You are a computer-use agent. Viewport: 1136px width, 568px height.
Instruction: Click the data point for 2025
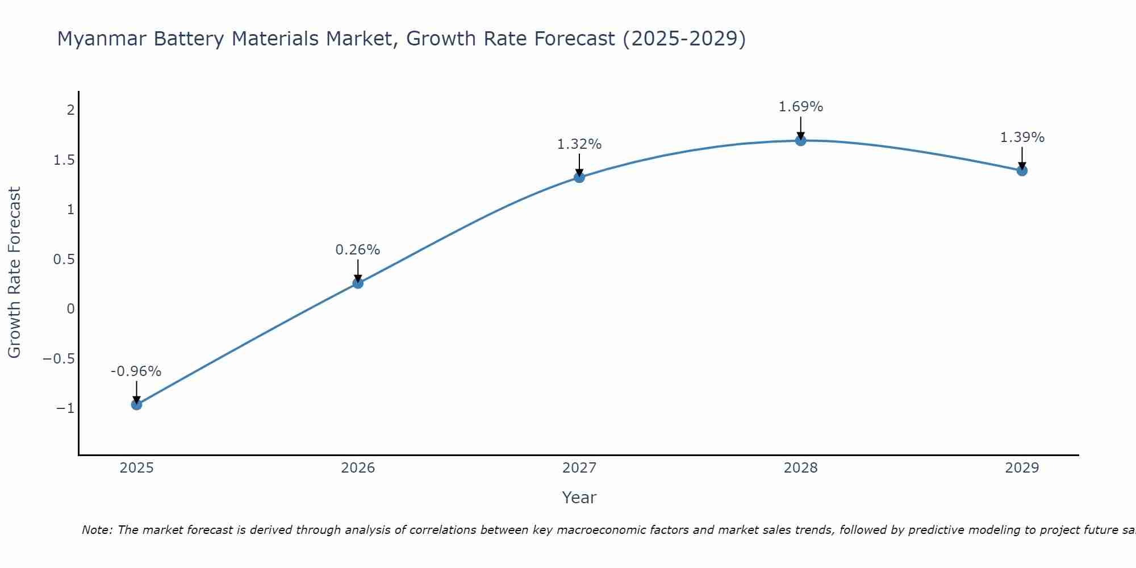pos(136,404)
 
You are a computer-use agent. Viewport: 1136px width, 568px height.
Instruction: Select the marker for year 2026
pos(358,283)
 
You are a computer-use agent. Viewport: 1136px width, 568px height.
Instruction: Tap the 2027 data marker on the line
pos(579,177)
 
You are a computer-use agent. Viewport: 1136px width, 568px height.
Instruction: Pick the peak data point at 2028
pos(801,140)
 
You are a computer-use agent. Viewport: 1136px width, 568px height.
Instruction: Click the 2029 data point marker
pos(1022,170)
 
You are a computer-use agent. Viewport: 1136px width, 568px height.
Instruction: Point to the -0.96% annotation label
pos(136,371)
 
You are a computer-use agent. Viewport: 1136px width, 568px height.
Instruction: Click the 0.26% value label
pos(357,250)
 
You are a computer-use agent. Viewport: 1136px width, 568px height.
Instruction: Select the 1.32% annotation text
pos(579,144)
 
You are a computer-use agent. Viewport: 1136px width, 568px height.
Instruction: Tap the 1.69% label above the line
pos(800,107)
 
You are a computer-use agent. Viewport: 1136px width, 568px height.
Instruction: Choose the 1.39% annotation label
pos(1022,137)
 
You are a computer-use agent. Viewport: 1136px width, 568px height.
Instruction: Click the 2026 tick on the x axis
pos(358,468)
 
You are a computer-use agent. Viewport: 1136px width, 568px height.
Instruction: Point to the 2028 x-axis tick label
pos(801,468)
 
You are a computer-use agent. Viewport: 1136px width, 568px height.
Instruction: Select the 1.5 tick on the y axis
pos(64,160)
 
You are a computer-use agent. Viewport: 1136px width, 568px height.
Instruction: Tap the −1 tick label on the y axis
pos(65,408)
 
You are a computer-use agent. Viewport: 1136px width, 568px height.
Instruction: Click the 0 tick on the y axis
pos(70,309)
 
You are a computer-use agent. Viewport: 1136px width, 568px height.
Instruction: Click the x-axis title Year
pos(579,498)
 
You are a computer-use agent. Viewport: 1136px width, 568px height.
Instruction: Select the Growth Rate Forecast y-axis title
pos(14,273)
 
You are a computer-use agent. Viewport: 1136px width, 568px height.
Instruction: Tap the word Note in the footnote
pos(97,530)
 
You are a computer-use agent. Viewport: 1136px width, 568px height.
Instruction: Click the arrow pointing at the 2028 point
pos(801,127)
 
